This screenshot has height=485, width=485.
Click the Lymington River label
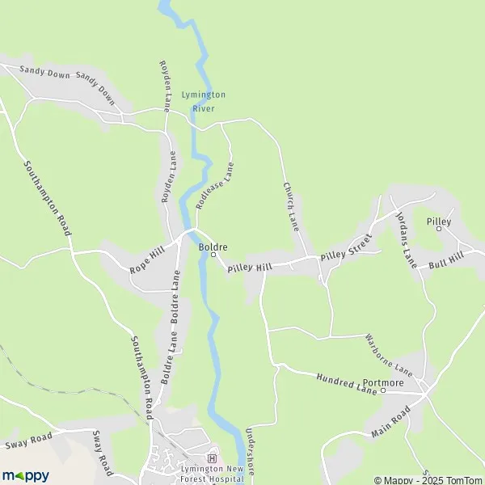[x=204, y=100]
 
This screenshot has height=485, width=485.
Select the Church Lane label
[x=290, y=206]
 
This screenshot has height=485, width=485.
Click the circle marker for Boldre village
[x=213, y=255]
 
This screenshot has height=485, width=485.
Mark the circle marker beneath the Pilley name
[x=440, y=229]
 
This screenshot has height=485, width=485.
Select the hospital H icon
[x=213, y=458]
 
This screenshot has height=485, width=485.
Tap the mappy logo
[x=25, y=475]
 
